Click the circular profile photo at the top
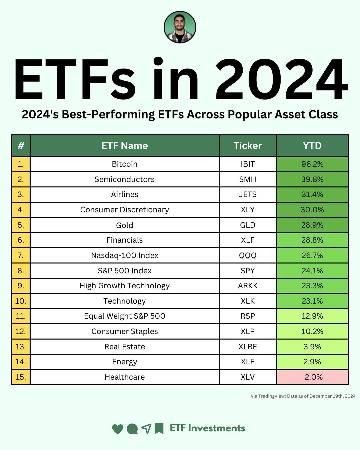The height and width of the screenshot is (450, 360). [x=180, y=27]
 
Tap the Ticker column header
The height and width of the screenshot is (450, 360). [x=248, y=146]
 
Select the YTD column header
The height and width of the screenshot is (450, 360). [x=312, y=146]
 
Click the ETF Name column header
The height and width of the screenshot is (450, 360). [x=125, y=146]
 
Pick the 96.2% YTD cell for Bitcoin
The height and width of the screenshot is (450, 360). [x=312, y=164]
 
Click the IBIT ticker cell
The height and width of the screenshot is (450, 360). [x=248, y=164]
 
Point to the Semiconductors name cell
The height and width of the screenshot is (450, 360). [x=125, y=179]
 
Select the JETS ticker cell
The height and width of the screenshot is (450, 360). [x=248, y=194]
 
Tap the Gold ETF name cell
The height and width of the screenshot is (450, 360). [x=125, y=225]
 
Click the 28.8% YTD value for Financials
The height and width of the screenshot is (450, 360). [x=312, y=240]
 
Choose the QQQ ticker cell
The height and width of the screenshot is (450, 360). [x=248, y=255]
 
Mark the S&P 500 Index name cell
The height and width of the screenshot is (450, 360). [x=125, y=271]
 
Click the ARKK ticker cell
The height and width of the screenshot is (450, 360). [x=248, y=286]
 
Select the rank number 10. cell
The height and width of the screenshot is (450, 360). [x=21, y=301]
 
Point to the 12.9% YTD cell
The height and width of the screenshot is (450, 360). [x=312, y=316]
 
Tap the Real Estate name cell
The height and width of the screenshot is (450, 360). [x=125, y=347]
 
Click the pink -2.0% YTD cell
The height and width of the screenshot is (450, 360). [x=312, y=377]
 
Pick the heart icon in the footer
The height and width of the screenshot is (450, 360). [x=117, y=429]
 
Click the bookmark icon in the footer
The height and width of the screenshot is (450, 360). [x=159, y=429]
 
